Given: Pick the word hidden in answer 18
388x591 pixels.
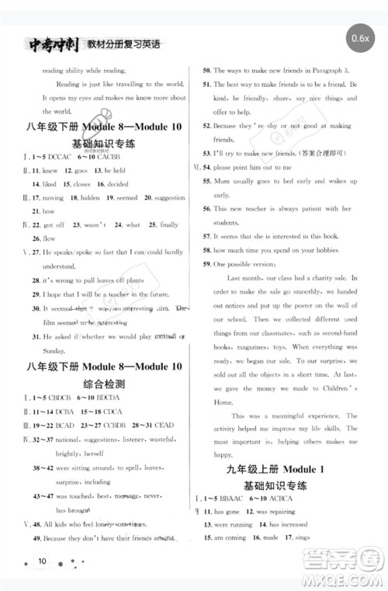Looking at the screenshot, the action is click(x=91, y=197).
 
